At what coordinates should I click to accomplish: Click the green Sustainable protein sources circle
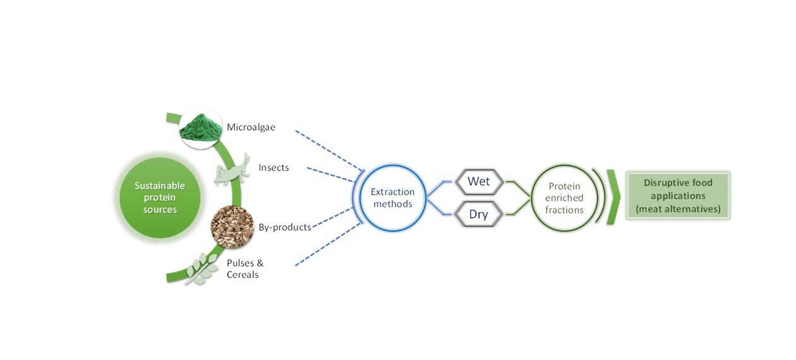160,198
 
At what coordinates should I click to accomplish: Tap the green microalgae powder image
200,128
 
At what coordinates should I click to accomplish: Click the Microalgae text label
251,128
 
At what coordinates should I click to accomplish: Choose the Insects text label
274,168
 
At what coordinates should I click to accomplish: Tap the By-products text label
284,227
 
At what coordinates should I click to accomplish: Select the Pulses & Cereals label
244,268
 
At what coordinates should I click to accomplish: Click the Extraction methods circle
392,198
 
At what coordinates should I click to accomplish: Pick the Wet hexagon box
478,182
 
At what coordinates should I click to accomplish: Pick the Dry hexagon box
478,215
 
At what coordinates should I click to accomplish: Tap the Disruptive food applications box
678,196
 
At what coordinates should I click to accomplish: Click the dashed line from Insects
332,175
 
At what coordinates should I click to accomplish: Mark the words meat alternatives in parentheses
678,209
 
